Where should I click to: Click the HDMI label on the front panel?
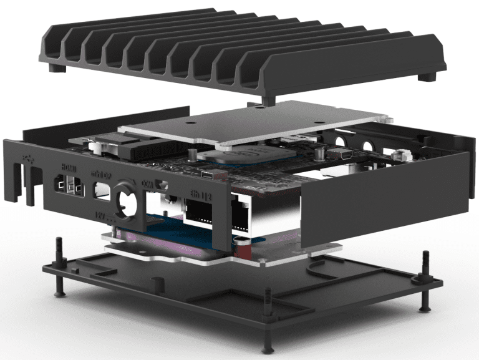click(x=68, y=167)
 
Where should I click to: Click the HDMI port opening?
click(x=67, y=185)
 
